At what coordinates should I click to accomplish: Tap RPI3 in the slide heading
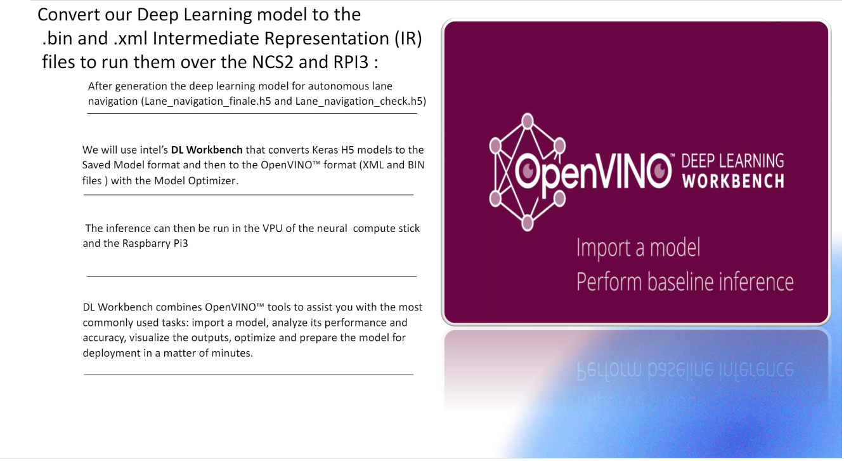[361, 62]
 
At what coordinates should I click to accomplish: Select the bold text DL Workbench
[207, 150]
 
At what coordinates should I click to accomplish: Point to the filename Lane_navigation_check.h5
[359, 101]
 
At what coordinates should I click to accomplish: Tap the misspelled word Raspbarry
[146, 244]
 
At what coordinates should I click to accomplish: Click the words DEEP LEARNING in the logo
[732, 161]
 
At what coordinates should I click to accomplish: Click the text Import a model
[638, 247]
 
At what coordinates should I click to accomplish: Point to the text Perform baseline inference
[685, 281]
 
